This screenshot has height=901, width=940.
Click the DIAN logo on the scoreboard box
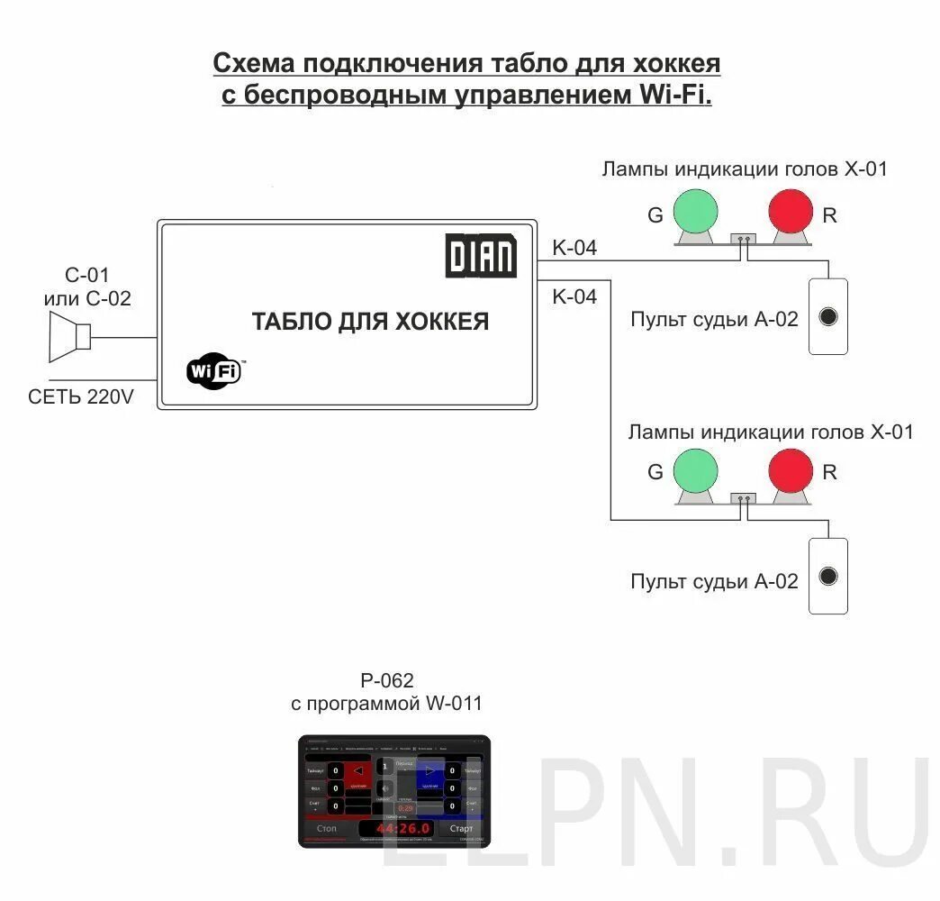click(481, 256)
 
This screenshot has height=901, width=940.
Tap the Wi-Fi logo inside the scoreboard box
click(214, 370)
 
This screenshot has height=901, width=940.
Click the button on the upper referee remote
click(828, 316)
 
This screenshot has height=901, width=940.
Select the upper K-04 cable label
click(574, 249)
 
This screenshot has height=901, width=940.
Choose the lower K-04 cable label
click(574, 296)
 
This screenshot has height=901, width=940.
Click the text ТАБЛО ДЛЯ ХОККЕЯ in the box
click(370, 322)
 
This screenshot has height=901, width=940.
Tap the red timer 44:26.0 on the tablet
click(403, 828)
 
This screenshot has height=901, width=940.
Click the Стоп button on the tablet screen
click(326, 828)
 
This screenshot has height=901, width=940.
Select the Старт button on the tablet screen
click(461, 828)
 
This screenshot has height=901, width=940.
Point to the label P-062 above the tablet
click(385, 680)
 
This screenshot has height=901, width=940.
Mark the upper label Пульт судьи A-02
click(714, 319)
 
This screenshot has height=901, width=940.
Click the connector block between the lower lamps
click(743, 498)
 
